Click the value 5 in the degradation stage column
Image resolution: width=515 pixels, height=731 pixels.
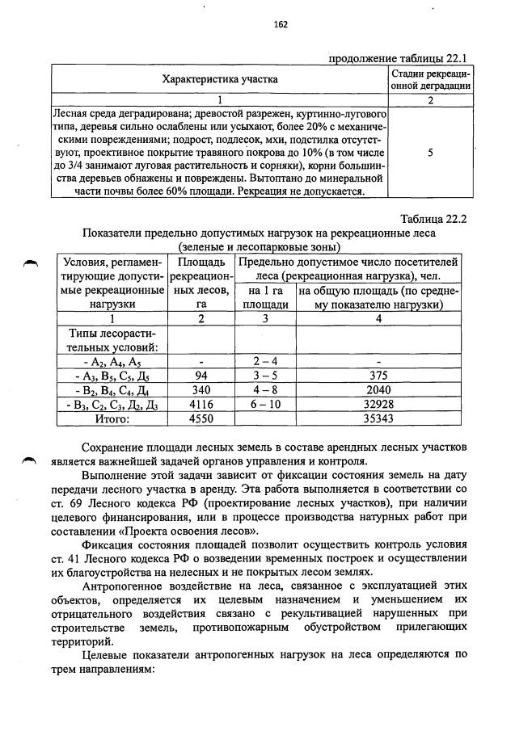[x=429, y=153]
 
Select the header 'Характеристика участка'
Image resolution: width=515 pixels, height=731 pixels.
[x=220, y=79]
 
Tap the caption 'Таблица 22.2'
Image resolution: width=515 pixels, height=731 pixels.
[x=434, y=219]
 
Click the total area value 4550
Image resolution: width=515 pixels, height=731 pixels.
[x=200, y=419]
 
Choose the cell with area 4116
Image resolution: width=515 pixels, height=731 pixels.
[x=200, y=405]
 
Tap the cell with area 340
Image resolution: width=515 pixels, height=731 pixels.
[x=200, y=390]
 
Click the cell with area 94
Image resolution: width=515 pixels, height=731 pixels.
[x=200, y=376]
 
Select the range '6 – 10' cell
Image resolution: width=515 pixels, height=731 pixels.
[x=265, y=405]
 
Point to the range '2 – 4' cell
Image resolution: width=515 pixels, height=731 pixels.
[x=265, y=361]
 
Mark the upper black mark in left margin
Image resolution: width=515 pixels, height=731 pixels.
[x=31, y=263]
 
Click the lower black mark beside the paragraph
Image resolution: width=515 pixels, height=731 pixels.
[x=31, y=460]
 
